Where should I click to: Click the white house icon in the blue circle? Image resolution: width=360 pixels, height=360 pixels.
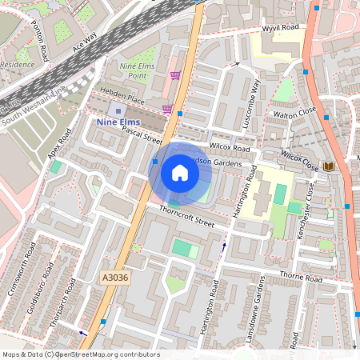tap(180, 172)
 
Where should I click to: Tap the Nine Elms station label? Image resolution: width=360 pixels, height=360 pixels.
tap(118, 122)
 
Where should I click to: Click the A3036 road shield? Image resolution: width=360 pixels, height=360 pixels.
tap(114, 277)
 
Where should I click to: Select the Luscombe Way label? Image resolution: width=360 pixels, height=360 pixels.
tap(251, 105)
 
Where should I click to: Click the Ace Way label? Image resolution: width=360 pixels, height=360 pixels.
tap(83, 42)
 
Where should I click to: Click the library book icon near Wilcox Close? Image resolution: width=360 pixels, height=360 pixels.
tap(327, 166)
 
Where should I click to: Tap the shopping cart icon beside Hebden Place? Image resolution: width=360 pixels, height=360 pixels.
tap(168, 109)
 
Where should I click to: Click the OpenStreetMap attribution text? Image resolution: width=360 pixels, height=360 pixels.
tap(80, 354)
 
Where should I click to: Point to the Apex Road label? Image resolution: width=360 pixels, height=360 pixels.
tap(59, 141)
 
